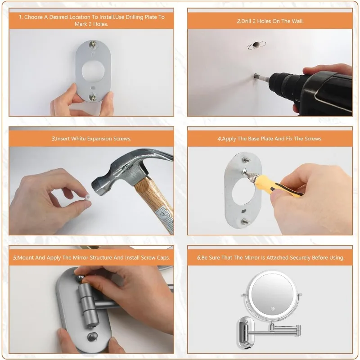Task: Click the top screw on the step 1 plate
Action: click(x=93, y=44)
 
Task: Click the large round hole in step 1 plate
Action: click(x=93, y=71)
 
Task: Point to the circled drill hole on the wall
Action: click(x=256, y=45)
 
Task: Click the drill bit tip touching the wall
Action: click(x=255, y=75)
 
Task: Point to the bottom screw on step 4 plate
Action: click(x=245, y=221)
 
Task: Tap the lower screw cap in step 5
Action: click(x=93, y=337)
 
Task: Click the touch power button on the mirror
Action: click(x=273, y=309)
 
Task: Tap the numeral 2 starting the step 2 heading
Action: click(x=239, y=21)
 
